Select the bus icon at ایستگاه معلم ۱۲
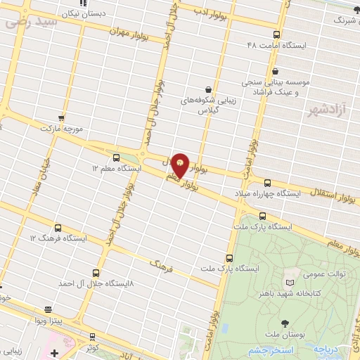coord(116,157)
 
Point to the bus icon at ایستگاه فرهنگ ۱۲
coord(57,228)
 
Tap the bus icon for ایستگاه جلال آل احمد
coord(96,272)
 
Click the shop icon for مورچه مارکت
coord(61,118)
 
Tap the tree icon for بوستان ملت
coord(285,324)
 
